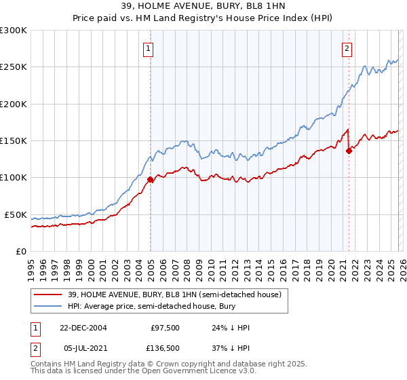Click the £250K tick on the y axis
tap(14, 67)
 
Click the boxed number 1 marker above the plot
tap(148, 48)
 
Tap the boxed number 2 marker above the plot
tap(347, 48)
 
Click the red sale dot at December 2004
tap(150, 180)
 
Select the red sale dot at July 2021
tap(349, 151)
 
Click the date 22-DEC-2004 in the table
tap(83, 328)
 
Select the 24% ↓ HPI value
tap(231, 328)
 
